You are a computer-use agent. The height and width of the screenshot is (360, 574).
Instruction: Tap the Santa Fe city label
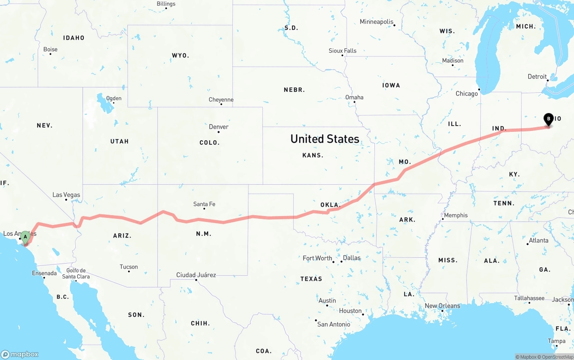(204, 204)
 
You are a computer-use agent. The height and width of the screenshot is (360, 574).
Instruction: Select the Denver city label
(219, 127)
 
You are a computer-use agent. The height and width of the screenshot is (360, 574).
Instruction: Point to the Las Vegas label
(66, 195)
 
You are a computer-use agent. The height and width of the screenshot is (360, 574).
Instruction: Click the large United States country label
(325, 139)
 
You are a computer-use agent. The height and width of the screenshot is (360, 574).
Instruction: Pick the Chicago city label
(467, 94)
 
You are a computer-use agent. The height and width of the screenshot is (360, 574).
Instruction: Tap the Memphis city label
(456, 215)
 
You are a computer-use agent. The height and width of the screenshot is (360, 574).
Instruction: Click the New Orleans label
(442, 306)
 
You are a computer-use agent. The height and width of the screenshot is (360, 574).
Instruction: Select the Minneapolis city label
(376, 22)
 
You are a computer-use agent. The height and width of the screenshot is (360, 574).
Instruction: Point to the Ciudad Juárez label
(196, 275)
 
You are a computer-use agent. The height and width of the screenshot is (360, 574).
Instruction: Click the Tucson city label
(129, 267)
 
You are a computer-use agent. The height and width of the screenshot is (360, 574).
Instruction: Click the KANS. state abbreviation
(313, 155)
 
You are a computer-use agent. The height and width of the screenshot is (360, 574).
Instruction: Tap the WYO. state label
(180, 56)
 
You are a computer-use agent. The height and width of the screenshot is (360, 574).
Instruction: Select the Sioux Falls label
(343, 51)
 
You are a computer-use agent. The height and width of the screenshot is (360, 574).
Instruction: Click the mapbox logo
(20, 354)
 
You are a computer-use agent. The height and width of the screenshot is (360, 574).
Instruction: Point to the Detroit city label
(537, 77)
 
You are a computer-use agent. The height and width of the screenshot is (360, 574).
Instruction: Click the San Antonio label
(334, 324)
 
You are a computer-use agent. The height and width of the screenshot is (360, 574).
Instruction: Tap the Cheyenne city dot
(221, 104)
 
